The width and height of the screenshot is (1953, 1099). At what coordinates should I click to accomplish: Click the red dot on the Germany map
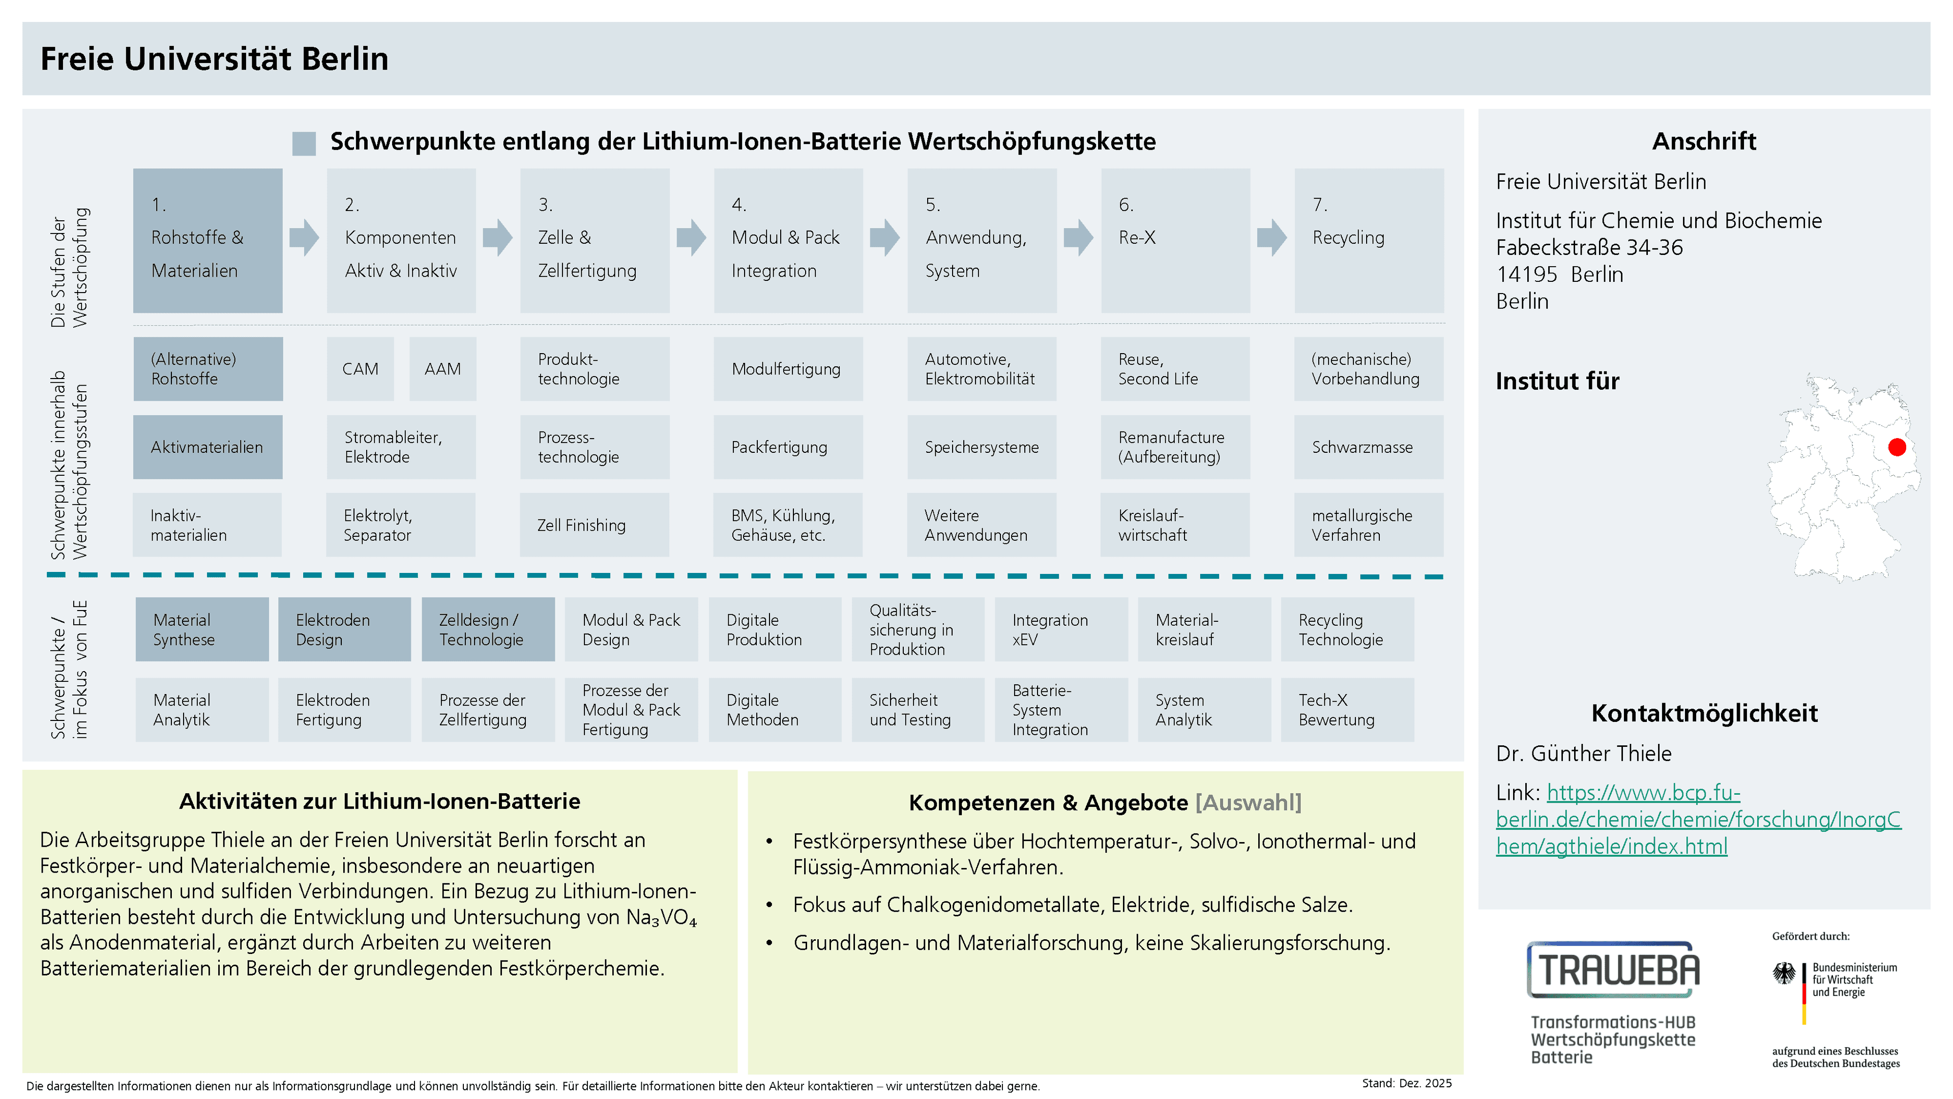[1897, 448]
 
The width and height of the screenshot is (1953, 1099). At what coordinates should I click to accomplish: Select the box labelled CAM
[360, 368]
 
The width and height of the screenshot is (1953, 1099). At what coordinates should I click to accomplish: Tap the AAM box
[443, 368]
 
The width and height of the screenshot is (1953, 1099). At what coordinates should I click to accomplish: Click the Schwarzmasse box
[1369, 447]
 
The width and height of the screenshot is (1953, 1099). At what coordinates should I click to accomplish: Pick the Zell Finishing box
[595, 525]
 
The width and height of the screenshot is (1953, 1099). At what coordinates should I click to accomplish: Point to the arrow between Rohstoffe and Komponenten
[304, 238]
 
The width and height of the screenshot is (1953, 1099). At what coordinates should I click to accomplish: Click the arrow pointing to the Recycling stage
[1272, 238]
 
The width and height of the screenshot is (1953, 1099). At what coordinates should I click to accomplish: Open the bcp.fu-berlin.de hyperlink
[1698, 819]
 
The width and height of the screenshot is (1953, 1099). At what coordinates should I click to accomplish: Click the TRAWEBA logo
[1613, 970]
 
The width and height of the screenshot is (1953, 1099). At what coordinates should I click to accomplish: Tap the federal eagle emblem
[1784, 973]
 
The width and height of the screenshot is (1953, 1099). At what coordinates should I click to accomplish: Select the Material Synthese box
[202, 629]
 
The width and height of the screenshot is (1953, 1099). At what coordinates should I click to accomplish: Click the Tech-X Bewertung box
[1347, 710]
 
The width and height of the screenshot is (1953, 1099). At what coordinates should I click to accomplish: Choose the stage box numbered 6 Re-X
[1175, 241]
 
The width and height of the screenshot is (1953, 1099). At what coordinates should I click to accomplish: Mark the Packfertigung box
[788, 447]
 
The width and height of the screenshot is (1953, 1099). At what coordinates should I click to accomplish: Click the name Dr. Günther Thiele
[1583, 753]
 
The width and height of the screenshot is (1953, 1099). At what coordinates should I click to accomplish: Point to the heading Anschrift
[1704, 141]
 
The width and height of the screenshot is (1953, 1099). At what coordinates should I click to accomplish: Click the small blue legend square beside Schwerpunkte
[304, 143]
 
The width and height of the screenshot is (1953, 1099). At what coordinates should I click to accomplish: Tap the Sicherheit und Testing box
[918, 710]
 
